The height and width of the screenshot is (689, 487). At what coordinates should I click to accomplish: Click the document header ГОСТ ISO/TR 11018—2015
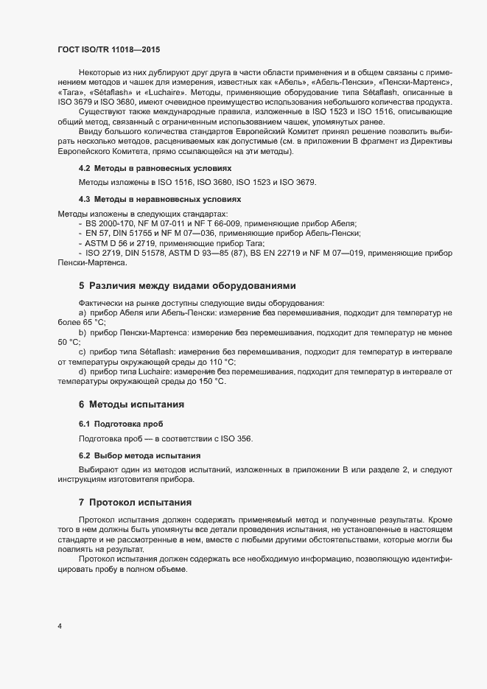(108, 49)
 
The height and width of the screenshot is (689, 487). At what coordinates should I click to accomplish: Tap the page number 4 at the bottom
(59, 626)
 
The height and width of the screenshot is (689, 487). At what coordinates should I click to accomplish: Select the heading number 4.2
(83, 169)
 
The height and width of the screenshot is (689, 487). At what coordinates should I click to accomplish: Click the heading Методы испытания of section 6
(136, 405)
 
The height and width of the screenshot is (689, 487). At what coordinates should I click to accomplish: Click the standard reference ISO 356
(237, 439)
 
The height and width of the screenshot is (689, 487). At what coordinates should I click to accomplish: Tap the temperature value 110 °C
(223, 362)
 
